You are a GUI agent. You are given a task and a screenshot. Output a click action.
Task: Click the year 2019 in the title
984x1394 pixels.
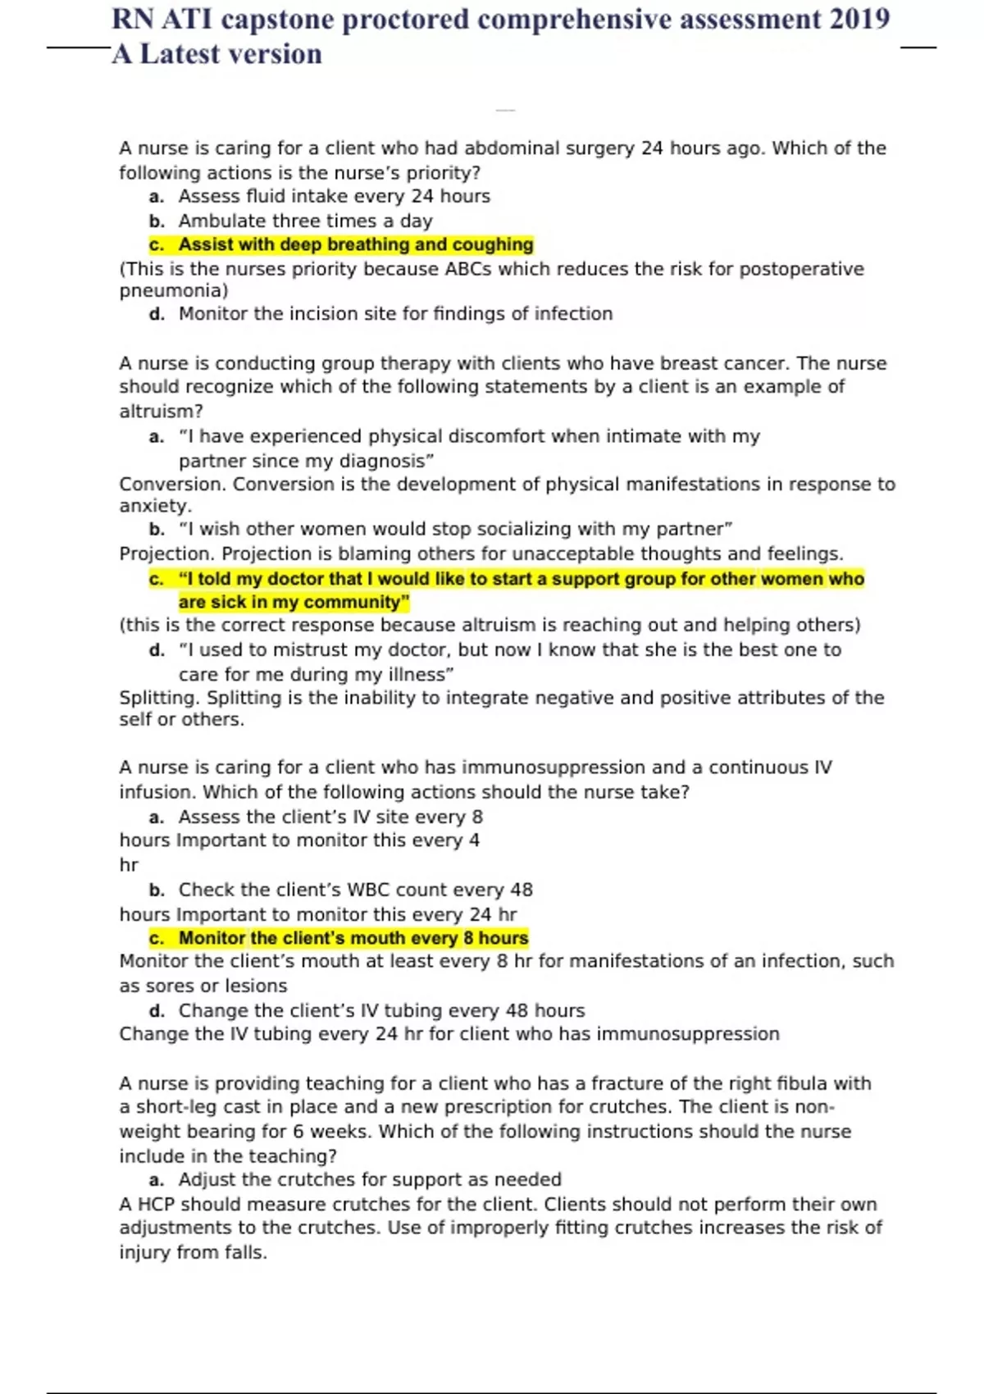tap(859, 19)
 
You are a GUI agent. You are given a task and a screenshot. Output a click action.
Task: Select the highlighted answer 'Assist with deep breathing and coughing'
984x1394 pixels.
tap(355, 244)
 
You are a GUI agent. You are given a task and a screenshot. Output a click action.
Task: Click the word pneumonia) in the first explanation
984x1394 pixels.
tap(174, 290)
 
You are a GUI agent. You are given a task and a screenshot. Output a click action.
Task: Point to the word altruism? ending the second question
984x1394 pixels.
tap(161, 411)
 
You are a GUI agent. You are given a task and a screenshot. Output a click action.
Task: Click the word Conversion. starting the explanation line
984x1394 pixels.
tap(172, 484)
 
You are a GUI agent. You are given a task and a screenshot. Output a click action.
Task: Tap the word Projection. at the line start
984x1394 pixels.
tap(166, 553)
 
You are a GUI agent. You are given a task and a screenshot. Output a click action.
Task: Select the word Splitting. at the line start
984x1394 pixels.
tap(159, 698)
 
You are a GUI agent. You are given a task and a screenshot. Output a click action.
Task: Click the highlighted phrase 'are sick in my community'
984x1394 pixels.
tap(294, 602)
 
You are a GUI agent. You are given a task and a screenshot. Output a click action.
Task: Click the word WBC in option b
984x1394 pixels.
tap(368, 890)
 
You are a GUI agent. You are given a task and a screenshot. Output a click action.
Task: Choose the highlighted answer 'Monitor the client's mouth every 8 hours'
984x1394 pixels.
tap(353, 938)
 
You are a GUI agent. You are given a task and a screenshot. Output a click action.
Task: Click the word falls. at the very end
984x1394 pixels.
tap(246, 1252)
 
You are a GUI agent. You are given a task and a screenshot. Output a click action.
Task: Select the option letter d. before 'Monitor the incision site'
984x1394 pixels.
tap(157, 314)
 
